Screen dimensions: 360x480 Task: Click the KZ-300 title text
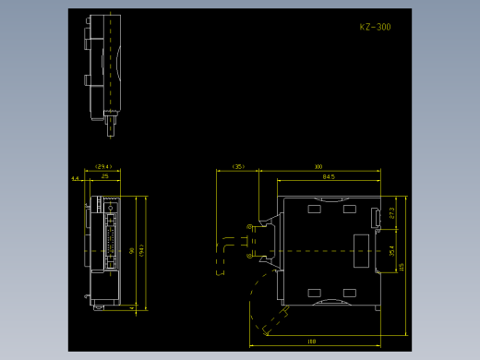375,28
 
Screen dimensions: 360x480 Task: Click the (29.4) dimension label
103,167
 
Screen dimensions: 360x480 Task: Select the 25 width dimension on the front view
105,175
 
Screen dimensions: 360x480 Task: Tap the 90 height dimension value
132,250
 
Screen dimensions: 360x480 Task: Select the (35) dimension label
238,167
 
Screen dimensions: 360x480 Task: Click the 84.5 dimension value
329,175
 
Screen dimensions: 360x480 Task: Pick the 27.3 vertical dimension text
391,213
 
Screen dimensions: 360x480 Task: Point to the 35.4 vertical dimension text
391,250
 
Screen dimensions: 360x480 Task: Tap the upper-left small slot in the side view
315,210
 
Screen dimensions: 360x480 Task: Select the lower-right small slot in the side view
350,293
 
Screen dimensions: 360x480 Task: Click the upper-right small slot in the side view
350,210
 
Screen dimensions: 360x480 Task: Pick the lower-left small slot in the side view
315,293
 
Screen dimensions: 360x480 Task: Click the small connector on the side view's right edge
375,218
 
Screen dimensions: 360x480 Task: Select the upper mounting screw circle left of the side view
249,228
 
